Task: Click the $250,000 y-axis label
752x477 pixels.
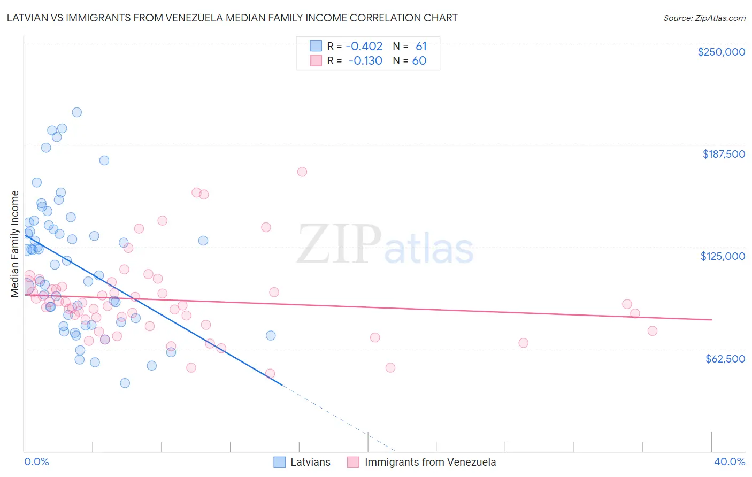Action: pyautogui.click(x=721, y=52)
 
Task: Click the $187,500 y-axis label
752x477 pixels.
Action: pyautogui.click(x=723, y=154)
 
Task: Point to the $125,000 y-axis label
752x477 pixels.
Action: pyautogui.click(x=723, y=256)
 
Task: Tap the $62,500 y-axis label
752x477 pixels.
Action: pyautogui.click(x=725, y=359)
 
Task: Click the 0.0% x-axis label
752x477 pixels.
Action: pyautogui.click(x=36, y=461)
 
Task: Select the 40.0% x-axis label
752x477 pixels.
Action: pyautogui.click(x=729, y=461)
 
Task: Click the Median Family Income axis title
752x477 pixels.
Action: pyautogui.click(x=14, y=243)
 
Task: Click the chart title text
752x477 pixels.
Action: pyautogui.click(x=232, y=18)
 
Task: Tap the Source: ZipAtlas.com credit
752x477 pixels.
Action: pyautogui.click(x=704, y=18)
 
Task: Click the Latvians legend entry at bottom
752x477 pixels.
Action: pyautogui.click(x=310, y=462)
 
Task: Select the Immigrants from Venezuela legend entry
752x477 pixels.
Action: pyautogui.click(x=430, y=462)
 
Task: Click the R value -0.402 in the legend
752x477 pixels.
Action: pyautogui.click(x=364, y=47)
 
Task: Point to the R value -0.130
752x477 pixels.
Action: pyautogui.click(x=365, y=61)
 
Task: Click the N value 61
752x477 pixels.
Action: pyautogui.click(x=421, y=47)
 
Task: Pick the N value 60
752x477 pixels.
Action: pyautogui.click(x=419, y=61)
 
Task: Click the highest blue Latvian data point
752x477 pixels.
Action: pyautogui.click(x=77, y=112)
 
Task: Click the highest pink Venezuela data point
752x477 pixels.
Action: pyautogui.click(x=302, y=172)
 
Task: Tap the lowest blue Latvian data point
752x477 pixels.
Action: pyautogui.click(x=125, y=383)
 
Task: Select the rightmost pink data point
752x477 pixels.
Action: pyautogui.click(x=652, y=331)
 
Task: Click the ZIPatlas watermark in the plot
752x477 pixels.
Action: pyautogui.click(x=385, y=245)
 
